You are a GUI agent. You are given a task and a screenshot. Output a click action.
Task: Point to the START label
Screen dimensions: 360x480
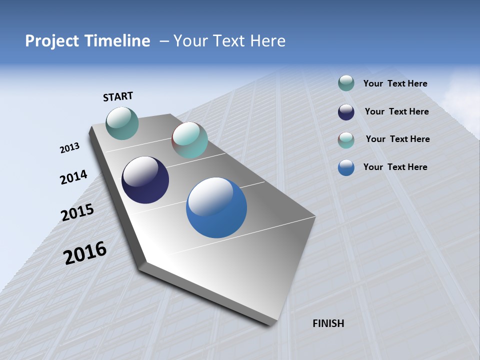tap(118, 96)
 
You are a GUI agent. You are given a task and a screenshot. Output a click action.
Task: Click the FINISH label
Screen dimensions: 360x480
tap(328, 323)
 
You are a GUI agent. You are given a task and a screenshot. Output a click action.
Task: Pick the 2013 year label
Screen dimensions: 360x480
tap(69, 148)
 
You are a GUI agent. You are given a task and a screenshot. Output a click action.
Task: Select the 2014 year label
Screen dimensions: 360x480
tap(73, 177)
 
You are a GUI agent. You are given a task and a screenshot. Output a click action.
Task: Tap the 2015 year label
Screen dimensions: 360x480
tap(77, 212)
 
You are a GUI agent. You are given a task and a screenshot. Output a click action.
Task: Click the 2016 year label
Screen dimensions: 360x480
tap(85, 253)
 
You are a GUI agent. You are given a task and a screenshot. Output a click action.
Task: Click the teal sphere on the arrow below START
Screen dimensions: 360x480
tap(122, 123)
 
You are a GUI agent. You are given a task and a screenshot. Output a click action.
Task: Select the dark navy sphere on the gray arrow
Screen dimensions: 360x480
tap(145, 180)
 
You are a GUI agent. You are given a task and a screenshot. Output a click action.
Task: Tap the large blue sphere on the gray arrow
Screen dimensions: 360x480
tap(216, 207)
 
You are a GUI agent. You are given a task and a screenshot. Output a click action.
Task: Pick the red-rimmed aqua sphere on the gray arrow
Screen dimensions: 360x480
tap(189, 140)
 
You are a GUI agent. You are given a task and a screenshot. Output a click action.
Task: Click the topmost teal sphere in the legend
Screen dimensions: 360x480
tap(346, 83)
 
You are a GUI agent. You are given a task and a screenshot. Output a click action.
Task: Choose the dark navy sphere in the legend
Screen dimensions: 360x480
tap(346, 111)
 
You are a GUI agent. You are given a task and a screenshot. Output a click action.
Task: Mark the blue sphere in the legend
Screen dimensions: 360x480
tap(346, 167)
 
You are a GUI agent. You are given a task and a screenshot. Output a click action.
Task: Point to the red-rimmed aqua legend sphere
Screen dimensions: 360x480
tap(346, 139)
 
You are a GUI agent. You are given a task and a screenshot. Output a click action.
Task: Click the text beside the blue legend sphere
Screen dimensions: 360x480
tap(395, 167)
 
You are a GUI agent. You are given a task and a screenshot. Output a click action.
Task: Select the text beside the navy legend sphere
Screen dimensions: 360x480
tap(396, 111)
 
